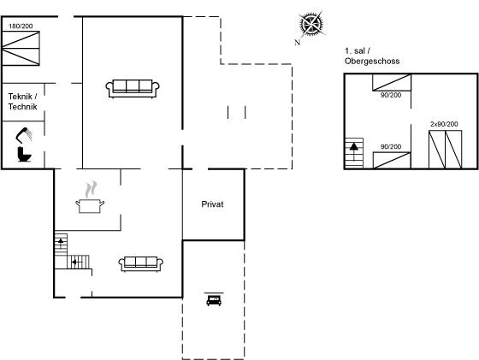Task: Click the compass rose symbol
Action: click(311, 23)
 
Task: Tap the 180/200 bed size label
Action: click(21, 27)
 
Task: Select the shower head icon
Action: click(24, 135)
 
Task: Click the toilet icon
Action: click(24, 154)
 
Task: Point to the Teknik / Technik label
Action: click(22, 102)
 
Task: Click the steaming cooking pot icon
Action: click(90, 198)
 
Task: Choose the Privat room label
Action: click(212, 204)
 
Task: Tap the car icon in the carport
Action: click(214, 299)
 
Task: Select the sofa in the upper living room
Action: click(133, 89)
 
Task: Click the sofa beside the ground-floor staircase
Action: click(141, 264)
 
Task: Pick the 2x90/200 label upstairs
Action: click(444, 124)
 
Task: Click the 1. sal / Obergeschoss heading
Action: click(372, 56)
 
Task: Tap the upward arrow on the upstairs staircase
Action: click(354, 151)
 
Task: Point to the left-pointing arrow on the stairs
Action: click(77, 262)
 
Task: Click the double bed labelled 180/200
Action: click(21, 48)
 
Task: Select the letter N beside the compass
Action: click(298, 43)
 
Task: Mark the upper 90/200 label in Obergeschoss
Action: click(391, 95)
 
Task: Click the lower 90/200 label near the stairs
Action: click(391, 146)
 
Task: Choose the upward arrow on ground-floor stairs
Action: click(61, 243)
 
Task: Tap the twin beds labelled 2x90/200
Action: click(445, 150)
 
